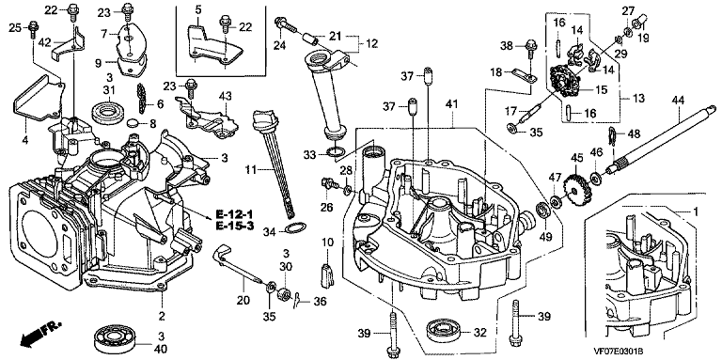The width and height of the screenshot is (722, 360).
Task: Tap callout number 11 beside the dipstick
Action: click(x=249, y=170)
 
